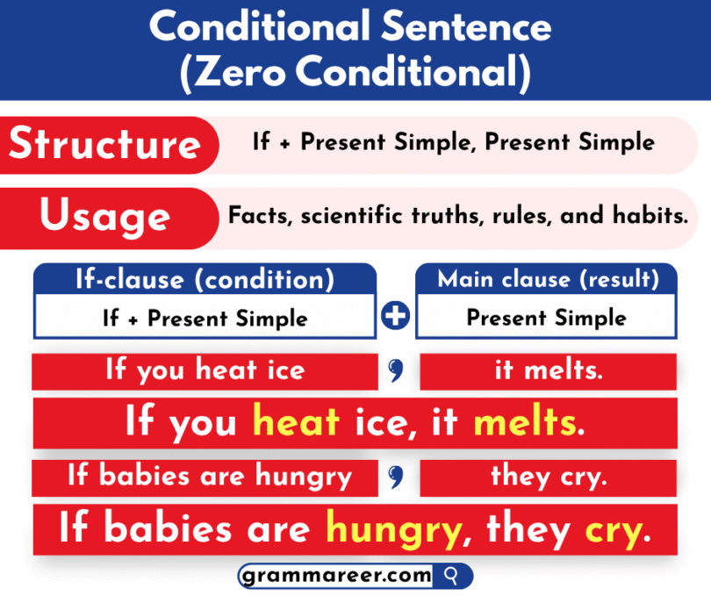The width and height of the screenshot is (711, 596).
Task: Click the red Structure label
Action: click(x=105, y=144)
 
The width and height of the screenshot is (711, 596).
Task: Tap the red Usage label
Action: click(x=105, y=216)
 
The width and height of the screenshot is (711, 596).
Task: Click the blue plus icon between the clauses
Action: click(x=397, y=315)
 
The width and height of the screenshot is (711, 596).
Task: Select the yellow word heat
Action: click(x=296, y=423)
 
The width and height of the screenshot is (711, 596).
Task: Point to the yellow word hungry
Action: click(x=393, y=529)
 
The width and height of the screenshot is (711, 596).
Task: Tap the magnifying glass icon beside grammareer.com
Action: click(x=453, y=576)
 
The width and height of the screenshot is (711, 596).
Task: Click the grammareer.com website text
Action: click(x=338, y=576)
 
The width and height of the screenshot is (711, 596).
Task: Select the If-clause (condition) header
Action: click(x=205, y=279)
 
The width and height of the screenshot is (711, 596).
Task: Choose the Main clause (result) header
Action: click(x=548, y=279)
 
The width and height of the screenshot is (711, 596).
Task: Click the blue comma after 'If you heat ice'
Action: click(x=395, y=373)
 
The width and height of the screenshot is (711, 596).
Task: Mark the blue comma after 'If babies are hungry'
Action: click(x=395, y=478)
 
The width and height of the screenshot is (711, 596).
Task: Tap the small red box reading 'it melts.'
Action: click(x=548, y=371)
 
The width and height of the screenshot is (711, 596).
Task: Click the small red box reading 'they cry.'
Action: click(x=548, y=478)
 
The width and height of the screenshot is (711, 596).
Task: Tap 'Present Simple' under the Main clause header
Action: click(x=547, y=318)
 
